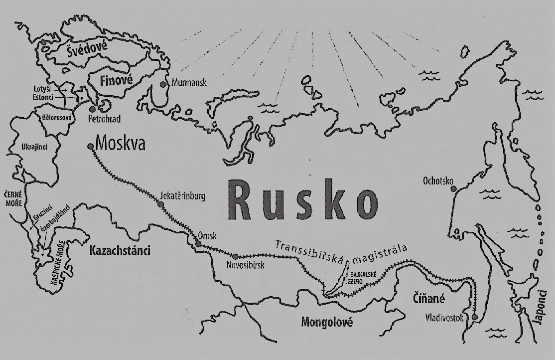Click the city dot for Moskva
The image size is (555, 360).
[x=90, y=147]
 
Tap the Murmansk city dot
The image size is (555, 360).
[x=163, y=84]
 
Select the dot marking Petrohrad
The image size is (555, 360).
[x=92, y=108]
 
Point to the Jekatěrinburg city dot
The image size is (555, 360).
[x=160, y=204]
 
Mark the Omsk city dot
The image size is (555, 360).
[x=199, y=244]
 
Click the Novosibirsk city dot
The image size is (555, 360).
[x=236, y=257]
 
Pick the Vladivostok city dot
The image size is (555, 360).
[x=474, y=317]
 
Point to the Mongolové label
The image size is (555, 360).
[x=326, y=322]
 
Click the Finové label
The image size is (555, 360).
[x=112, y=80]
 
